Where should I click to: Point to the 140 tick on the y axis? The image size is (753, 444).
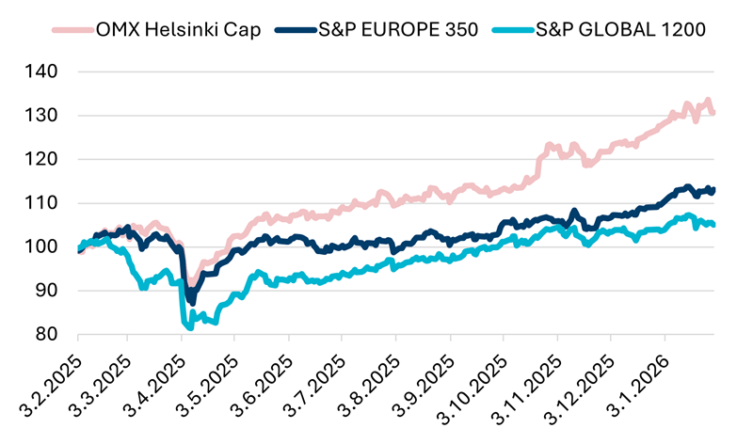(42, 71)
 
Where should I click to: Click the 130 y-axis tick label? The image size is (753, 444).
(42, 116)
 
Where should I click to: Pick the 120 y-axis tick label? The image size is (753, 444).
(42, 159)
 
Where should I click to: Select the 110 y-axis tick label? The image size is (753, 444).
(42, 203)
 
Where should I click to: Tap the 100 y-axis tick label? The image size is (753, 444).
(42, 246)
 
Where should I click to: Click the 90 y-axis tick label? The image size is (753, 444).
(47, 291)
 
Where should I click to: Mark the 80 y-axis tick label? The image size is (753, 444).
(47, 334)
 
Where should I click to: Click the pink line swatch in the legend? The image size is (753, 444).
(72, 29)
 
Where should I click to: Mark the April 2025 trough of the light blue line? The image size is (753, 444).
(190, 327)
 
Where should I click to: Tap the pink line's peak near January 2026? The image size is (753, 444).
(708, 101)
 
